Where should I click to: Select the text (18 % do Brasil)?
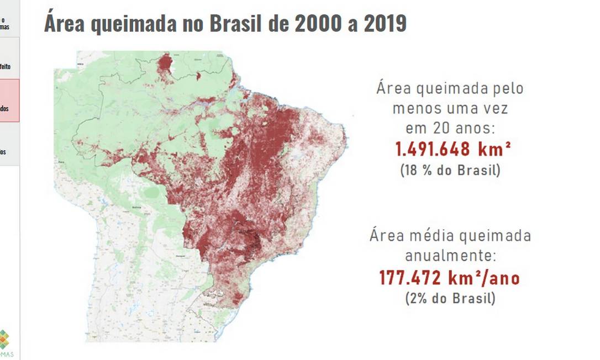(x=450, y=170)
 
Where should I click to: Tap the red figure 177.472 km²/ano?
(x=450, y=278)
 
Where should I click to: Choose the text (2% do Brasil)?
(x=450, y=299)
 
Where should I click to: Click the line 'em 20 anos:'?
(x=450, y=128)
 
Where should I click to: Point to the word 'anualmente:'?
(x=450, y=256)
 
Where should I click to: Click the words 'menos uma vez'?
(x=450, y=108)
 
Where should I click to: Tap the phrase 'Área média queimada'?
(x=450, y=236)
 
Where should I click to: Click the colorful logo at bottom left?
(x=5, y=339)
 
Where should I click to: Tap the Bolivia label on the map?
(x=136, y=208)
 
